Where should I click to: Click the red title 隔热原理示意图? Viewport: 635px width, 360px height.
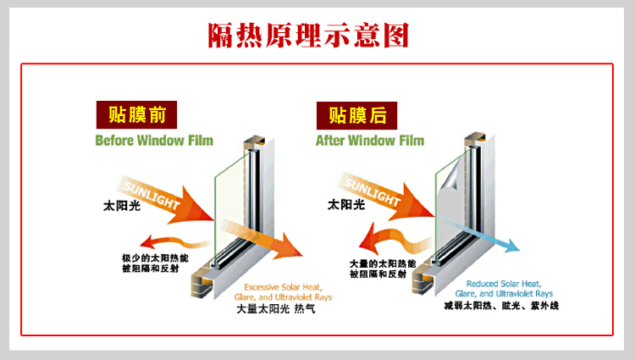308,36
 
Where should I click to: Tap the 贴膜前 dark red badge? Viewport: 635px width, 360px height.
136,114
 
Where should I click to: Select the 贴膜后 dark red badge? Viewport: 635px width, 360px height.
356,115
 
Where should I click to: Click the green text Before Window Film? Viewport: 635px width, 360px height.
154,141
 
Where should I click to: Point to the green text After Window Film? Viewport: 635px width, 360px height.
370,141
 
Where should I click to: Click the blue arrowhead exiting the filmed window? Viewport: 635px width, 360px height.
511,246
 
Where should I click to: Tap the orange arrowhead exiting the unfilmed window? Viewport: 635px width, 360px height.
291,247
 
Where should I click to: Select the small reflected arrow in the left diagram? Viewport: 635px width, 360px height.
174,241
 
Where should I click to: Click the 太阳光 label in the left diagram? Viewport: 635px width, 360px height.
122,206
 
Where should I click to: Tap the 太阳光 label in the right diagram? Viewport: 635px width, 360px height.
346,204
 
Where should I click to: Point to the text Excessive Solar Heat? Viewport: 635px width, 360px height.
283,287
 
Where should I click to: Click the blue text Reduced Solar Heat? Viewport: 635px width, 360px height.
504,284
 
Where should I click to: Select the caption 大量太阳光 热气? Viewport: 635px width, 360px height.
276,309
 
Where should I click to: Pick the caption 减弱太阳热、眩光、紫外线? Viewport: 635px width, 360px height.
501,305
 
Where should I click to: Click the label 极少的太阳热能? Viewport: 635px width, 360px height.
155,258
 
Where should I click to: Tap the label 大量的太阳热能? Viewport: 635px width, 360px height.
383,263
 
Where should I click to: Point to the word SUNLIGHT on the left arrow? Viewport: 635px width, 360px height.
152,195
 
